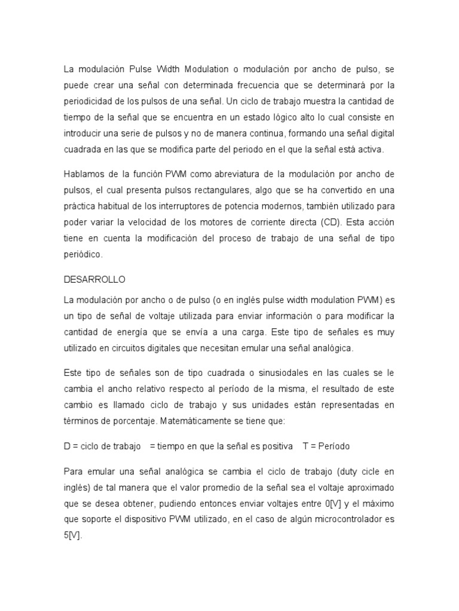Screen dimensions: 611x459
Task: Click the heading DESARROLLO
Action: pyautogui.click(x=94, y=279)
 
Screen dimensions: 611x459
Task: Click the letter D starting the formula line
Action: pyautogui.click(x=67, y=446)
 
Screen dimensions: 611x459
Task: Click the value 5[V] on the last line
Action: pyautogui.click(x=72, y=536)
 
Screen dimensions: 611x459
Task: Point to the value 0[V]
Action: pyautogui.click(x=333, y=504)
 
